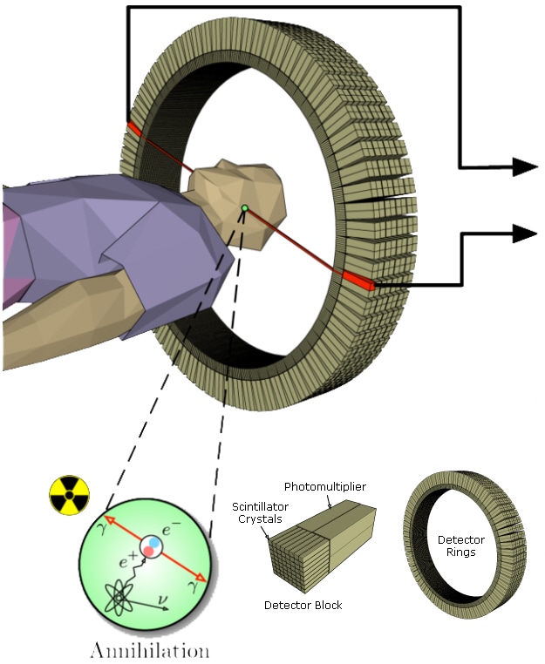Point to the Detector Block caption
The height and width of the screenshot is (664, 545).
click(303, 605)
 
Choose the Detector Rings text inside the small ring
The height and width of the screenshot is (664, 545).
click(461, 546)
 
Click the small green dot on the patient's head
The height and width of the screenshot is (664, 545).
click(245, 207)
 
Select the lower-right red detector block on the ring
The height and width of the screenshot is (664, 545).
click(358, 280)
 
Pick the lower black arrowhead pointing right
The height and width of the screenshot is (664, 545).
click(524, 233)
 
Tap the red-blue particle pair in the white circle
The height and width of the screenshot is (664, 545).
click(153, 547)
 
